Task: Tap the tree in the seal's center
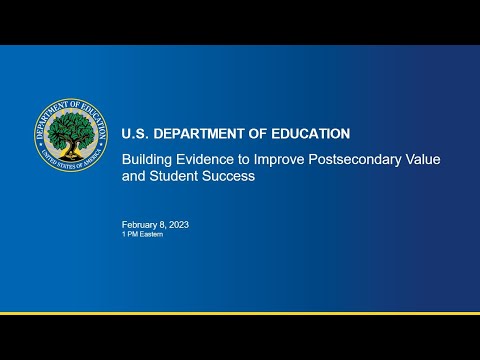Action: point(70,129)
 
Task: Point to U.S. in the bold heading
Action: point(133,133)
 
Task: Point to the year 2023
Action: point(178,225)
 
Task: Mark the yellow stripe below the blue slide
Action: point(240,313)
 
